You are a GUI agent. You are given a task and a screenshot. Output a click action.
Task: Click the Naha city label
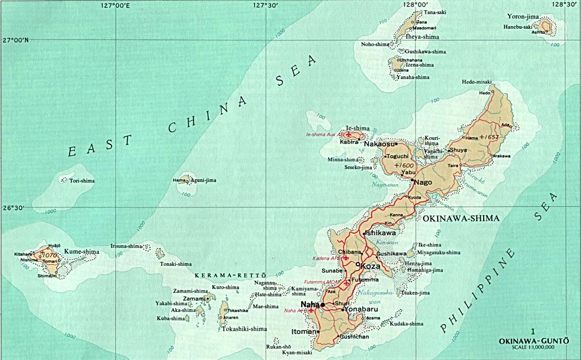click(x=310, y=304)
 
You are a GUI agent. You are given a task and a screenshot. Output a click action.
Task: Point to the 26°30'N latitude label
click(x=13, y=208)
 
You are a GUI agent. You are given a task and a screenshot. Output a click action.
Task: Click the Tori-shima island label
click(x=82, y=180)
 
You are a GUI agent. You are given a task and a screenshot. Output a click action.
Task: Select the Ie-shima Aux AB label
click(x=324, y=135)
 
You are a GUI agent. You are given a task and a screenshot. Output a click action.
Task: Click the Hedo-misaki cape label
click(x=476, y=82)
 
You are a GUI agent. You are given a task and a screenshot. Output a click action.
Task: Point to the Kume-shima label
click(x=81, y=252)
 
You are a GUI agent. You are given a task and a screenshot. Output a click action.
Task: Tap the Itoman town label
click(x=304, y=332)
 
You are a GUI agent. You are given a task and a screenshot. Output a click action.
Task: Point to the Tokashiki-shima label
click(x=244, y=329)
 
